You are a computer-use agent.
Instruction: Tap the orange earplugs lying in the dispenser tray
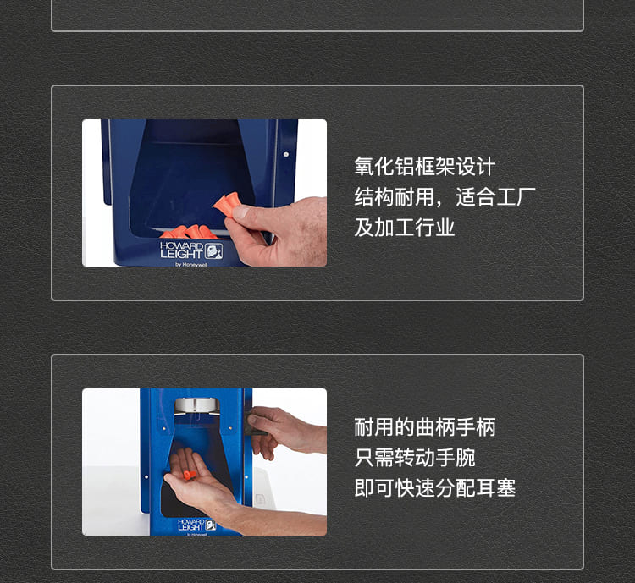190,232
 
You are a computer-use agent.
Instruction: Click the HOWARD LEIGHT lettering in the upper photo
181,250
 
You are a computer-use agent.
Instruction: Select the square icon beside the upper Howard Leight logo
213,251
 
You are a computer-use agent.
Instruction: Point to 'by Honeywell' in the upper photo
191,264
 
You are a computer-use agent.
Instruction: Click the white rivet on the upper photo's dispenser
286,154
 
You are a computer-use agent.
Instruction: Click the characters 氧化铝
384,167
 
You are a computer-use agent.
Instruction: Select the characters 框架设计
456,167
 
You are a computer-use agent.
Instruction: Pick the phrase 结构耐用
395,197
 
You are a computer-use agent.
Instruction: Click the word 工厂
516,197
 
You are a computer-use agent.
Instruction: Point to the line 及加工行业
405,227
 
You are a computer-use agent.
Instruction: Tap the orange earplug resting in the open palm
189,475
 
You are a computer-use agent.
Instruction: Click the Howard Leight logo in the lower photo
196,525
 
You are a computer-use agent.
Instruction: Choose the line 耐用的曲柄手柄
425,427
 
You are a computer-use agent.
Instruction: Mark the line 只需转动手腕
415,458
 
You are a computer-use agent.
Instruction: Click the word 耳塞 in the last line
495,488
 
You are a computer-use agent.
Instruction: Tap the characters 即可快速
395,488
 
